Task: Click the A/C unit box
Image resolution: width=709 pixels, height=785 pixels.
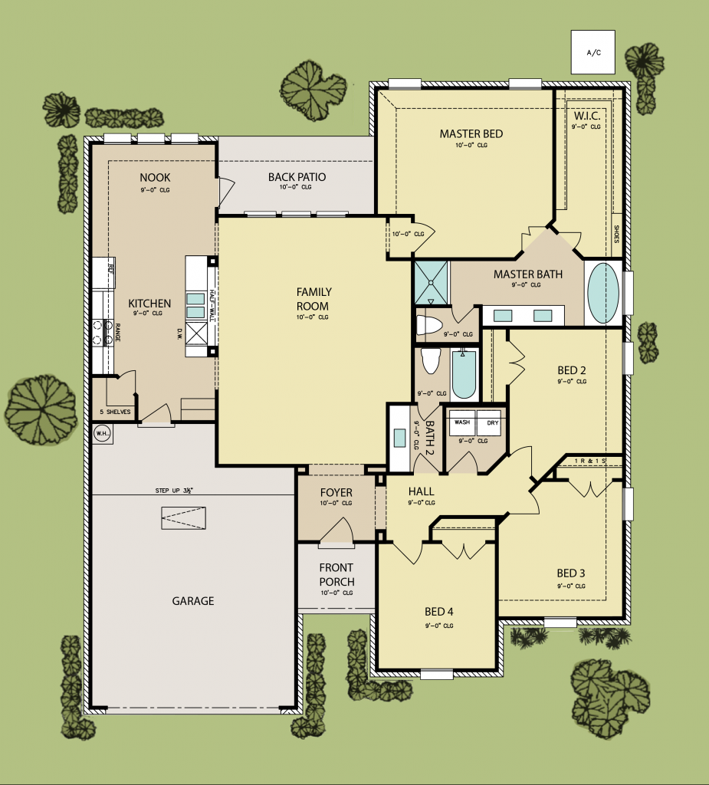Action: point(592,52)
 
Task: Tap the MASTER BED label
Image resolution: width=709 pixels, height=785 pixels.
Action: point(471,134)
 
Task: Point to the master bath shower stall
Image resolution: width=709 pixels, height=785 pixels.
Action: point(431,281)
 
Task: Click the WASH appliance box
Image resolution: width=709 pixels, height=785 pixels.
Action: point(462,422)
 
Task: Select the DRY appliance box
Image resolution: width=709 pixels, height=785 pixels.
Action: point(488,422)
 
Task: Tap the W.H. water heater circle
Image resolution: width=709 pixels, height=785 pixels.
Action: point(102,435)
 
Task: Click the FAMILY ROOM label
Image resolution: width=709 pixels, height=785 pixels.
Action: point(313,298)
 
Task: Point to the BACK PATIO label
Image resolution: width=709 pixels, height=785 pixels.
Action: point(297,177)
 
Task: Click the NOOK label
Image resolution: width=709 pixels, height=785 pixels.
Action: point(155,177)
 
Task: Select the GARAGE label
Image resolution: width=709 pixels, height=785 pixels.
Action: point(192,601)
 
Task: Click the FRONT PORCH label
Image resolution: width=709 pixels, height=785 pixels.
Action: point(336,575)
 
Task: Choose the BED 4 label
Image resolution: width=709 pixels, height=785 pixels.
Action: point(439,612)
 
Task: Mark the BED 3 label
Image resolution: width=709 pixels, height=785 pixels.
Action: point(571,573)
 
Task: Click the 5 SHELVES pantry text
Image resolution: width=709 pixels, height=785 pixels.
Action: point(115,412)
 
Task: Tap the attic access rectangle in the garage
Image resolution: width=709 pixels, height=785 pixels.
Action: point(184,518)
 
